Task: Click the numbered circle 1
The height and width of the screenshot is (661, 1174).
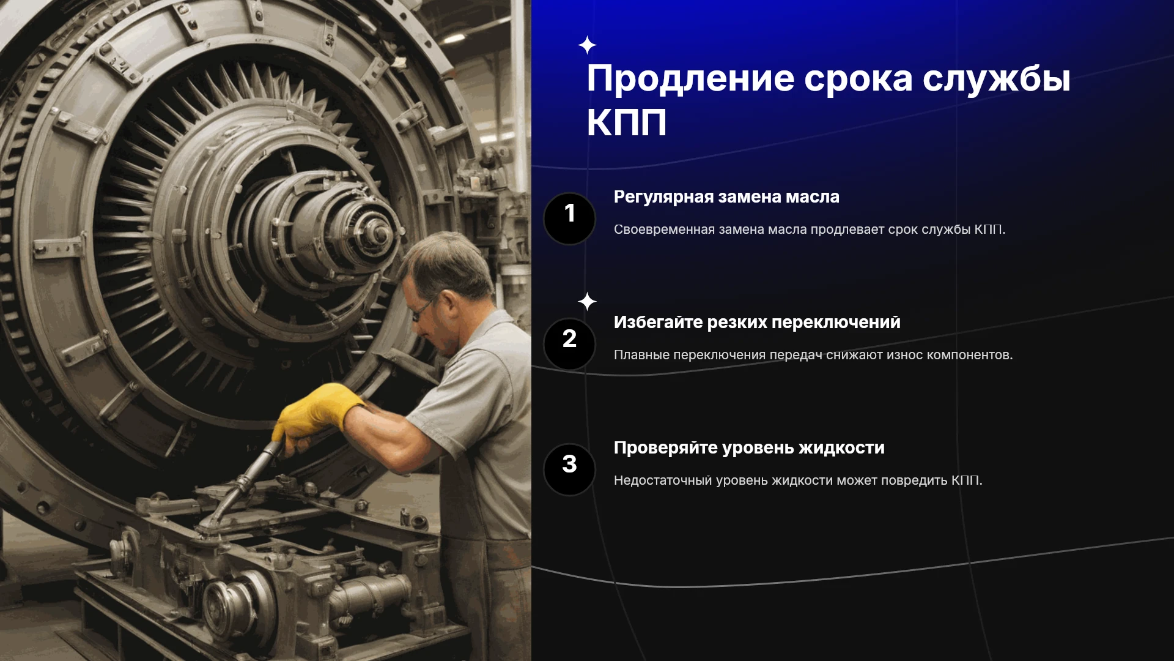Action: (569, 218)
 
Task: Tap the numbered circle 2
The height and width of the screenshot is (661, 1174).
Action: (569, 344)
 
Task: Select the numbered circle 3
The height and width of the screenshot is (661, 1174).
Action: (569, 469)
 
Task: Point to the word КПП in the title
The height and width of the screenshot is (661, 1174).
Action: (627, 122)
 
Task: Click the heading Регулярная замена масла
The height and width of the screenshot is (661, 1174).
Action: (726, 197)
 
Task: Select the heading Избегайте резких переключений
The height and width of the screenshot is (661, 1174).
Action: (757, 322)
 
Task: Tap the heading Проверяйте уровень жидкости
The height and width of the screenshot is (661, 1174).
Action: (749, 448)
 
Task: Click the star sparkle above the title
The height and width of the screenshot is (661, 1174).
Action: (587, 45)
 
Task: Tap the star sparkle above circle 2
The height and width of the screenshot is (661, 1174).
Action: (587, 301)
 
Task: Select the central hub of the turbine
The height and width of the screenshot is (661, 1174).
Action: (379, 233)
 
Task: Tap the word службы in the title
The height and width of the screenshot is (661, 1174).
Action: (996, 79)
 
